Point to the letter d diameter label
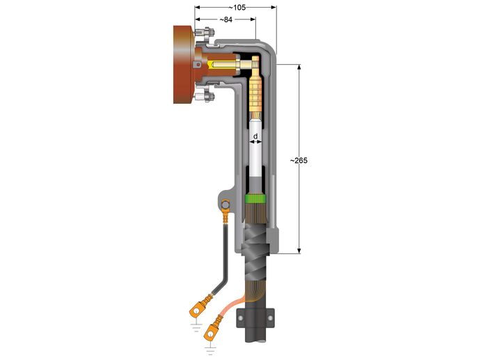[255, 136]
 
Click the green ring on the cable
[257, 200]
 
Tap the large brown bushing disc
[183, 65]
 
